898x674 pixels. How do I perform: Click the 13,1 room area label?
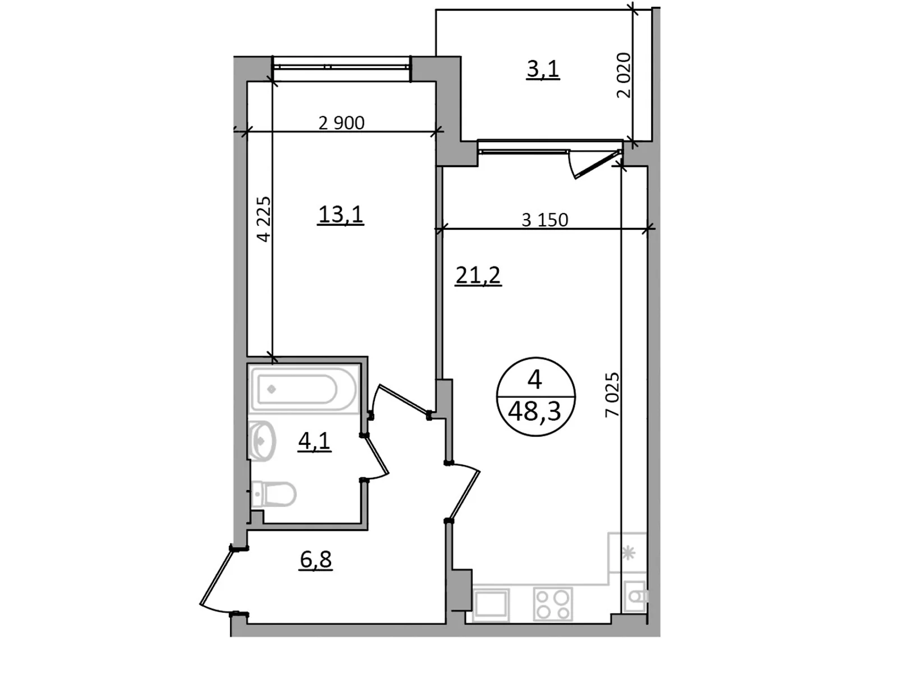tap(340, 215)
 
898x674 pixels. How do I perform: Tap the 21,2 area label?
tap(478, 275)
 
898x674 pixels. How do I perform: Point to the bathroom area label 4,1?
tap(314, 441)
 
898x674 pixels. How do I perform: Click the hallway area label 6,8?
tap(315, 559)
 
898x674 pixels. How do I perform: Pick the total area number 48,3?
tap(534, 412)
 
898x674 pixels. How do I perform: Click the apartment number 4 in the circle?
tap(535, 379)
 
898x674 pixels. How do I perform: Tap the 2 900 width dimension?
tap(341, 123)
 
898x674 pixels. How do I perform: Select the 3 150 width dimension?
tap(545, 220)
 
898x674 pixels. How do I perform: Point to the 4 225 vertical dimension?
tap(264, 220)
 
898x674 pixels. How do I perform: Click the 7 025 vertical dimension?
tap(612, 394)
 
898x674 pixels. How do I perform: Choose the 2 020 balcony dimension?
tap(624, 75)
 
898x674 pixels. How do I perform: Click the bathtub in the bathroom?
tap(304, 389)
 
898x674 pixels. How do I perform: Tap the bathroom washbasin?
tap(261, 441)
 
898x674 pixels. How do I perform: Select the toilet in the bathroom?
tap(273, 494)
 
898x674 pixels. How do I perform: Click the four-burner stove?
tap(553, 604)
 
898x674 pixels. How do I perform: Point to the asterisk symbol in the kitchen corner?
tap(628, 553)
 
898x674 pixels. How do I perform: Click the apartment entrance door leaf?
tap(216, 576)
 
